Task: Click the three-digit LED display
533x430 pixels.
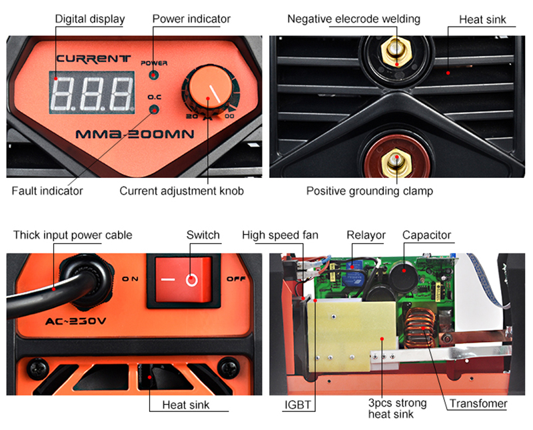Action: pos(92,91)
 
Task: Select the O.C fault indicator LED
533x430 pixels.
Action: pos(154,110)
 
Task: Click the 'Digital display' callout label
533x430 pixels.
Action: pos(90,19)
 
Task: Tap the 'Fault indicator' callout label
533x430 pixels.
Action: pos(47,191)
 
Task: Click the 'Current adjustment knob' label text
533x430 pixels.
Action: pos(182,191)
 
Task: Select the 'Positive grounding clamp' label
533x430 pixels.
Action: pos(370,191)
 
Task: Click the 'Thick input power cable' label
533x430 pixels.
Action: pos(73,235)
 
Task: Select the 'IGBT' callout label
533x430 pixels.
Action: pos(300,404)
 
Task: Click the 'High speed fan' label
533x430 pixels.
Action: pos(280,235)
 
